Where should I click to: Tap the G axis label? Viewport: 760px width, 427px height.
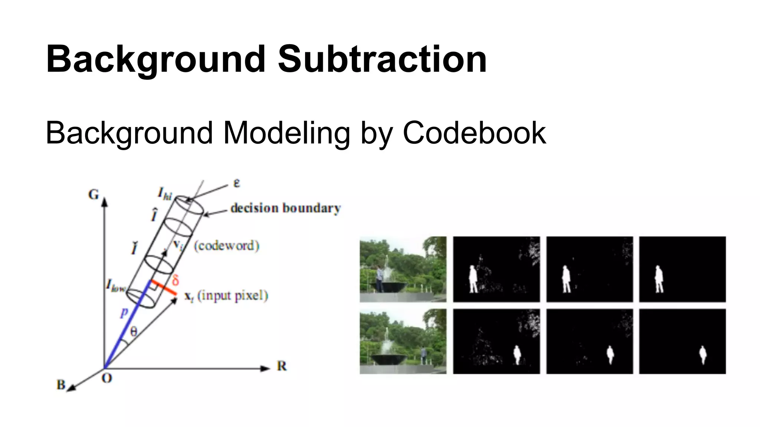point(94,195)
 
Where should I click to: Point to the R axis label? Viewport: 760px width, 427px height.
point(282,366)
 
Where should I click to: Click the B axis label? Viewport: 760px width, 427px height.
point(61,385)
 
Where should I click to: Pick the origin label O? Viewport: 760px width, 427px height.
point(107,378)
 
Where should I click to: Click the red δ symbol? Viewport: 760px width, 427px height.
point(176,280)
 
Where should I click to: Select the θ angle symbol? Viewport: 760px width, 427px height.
point(134,331)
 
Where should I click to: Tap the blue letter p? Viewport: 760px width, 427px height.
point(124,313)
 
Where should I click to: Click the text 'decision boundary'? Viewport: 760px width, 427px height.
point(285,208)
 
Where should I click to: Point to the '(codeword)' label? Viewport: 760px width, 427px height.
point(226,246)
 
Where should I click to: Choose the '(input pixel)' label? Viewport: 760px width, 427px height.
point(233,296)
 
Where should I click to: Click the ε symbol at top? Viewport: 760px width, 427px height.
point(236,183)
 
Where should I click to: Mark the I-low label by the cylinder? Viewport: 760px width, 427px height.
point(116,285)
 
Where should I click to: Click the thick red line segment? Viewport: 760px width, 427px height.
point(164,288)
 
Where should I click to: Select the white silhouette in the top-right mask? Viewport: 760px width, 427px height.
point(659,279)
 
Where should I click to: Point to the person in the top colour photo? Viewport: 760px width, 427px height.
point(379,279)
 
